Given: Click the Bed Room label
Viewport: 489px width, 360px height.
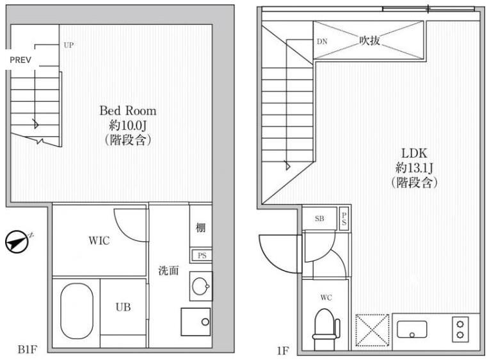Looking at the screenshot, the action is click(127, 111).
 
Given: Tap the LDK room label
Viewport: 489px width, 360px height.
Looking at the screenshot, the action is click(414, 153).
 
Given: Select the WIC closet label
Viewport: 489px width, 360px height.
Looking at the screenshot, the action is click(99, 241).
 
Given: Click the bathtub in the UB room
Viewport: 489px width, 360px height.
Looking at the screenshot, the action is click(77, 311).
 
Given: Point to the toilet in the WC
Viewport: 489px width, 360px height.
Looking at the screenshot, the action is click(326, 329).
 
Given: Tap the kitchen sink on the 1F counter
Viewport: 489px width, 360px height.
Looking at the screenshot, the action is click(412, 329).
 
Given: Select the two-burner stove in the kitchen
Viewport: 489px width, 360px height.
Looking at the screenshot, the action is click(460, 329).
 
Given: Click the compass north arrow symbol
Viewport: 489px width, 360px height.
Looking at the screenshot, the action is click(17, 241).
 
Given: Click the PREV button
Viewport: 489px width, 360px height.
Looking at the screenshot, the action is click(20, 60).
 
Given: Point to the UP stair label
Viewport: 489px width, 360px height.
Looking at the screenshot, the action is click(68, 45).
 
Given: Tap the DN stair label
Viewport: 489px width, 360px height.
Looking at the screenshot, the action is click(322, 42).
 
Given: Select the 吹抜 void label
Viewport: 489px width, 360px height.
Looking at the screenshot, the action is click(369, 40).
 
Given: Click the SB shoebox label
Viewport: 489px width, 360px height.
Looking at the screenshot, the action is click(319, 218).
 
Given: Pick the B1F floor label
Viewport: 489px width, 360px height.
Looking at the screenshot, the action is click(28, 349).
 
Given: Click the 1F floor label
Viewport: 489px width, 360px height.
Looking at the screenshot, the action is click(283, 350).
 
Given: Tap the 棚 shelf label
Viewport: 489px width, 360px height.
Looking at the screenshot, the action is click(200, 227).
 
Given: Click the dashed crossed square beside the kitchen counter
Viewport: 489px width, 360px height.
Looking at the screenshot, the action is click(373, 330).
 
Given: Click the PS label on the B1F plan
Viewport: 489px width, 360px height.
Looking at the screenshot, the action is click(202, 256).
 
